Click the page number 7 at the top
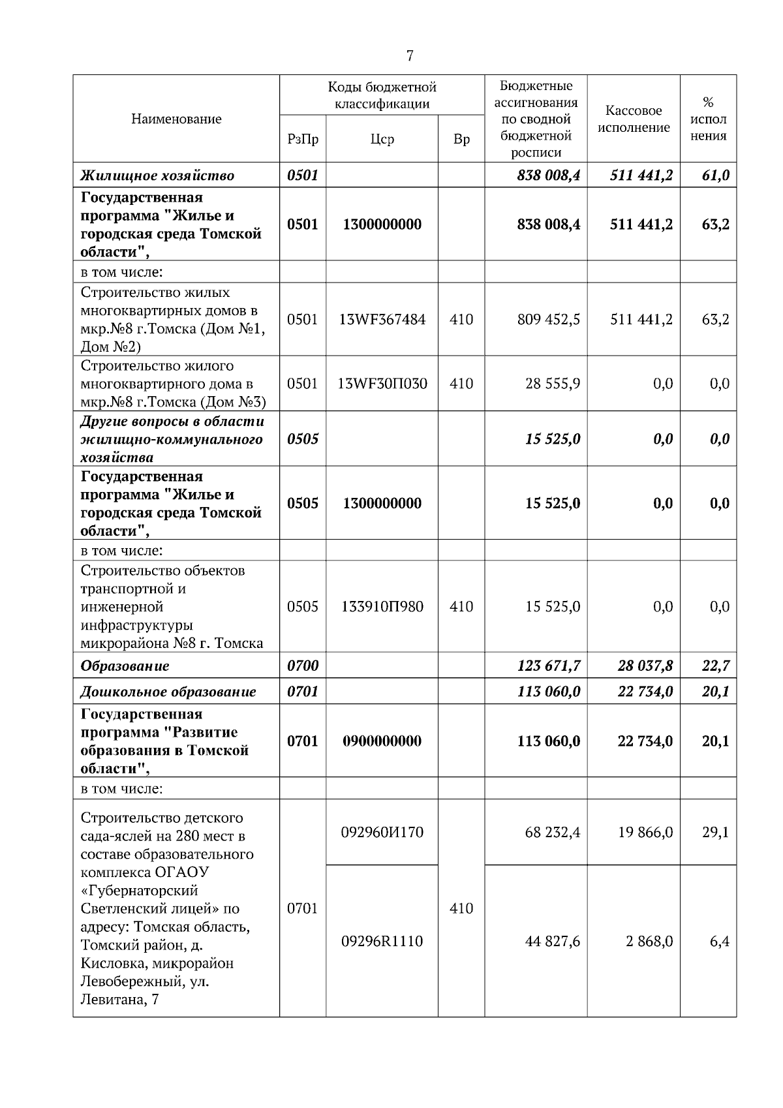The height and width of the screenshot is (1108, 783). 410,56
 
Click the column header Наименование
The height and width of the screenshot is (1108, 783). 176,119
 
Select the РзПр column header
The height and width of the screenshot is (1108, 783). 303,139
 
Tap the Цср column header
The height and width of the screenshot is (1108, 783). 382,139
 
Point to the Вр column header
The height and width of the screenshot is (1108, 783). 461,139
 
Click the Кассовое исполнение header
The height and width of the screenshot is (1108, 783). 634,119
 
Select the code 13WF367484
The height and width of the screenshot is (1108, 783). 382,319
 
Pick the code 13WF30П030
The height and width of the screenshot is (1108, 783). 382,383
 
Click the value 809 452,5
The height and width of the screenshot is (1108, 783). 548,319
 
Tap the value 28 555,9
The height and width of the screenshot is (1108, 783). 553,383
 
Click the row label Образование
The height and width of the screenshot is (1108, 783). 125,666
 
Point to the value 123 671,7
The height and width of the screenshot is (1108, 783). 548,666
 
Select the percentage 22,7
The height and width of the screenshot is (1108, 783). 716,666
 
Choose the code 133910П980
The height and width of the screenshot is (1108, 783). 382,606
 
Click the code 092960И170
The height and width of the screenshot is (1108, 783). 382,832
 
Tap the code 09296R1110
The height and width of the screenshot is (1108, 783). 382,941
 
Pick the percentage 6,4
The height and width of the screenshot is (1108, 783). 720,941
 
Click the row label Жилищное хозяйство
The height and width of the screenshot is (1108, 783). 157,176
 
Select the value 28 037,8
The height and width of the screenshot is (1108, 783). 645,666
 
